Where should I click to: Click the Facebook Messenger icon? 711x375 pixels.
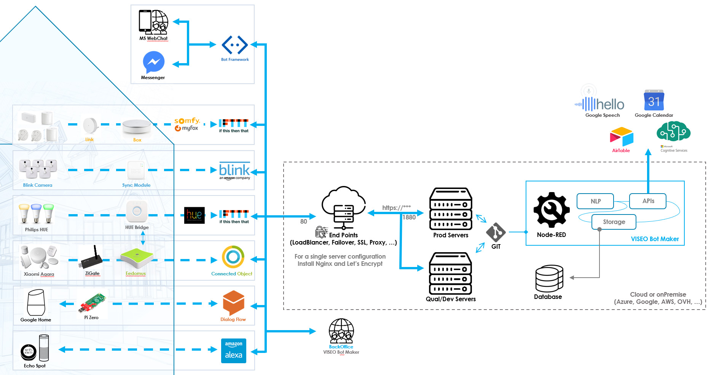pyautogui.click(x=153, y=62)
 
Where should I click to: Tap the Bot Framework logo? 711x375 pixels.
pyautogui.click(x=235, y=45)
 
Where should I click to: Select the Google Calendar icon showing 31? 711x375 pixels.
pyautogui.click(x=654, y=100)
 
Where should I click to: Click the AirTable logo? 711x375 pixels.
pyautogui.click(x=621, y=137)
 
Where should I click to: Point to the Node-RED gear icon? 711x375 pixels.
pyautogui.click(x=552, y=210)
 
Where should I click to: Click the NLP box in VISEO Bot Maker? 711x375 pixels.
pyautogui.click(x=595, y=201)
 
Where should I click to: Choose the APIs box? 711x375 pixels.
pyautogui.click(x=648, y=201)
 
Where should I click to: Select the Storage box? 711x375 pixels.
pyautogui.click(x=614, y=222)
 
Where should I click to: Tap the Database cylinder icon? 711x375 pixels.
pyautogui.click(x=549, y=278)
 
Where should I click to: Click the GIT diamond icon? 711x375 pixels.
pyautogui.click(x=496, y=232)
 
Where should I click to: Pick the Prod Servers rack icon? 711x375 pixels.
pyautogui.click(x=451, y=209)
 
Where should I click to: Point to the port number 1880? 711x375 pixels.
pyautogui.click(x=409, y=217)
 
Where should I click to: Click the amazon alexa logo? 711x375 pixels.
pyautogui.click(x=234, y=351)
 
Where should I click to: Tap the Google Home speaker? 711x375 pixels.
pyautogui.click(x=36, y=302)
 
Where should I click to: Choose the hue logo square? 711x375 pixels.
pyautogui.click(x=194, y=215)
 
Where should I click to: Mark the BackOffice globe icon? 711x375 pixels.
pyautogui.click(x=341, y=331)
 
